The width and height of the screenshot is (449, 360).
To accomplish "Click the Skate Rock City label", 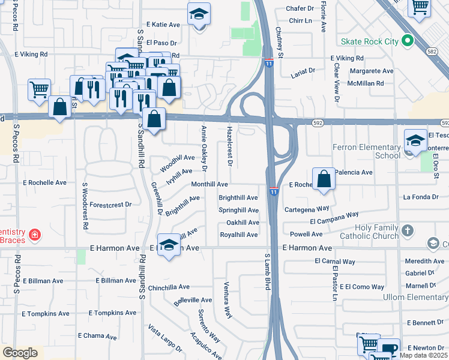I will point(369,41).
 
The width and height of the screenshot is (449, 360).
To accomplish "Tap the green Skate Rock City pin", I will point(408,41).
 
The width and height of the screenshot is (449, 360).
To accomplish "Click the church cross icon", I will point(408,231).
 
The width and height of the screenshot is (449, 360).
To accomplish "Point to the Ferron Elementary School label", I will point(366,151).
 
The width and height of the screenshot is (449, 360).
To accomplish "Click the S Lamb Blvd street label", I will point(268,272).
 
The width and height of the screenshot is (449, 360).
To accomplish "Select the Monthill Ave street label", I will point(209,184).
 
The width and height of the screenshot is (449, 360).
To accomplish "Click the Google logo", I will point(20,353).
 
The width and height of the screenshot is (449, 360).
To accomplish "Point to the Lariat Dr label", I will point(303,71).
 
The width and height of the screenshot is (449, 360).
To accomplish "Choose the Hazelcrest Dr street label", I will point(229,146).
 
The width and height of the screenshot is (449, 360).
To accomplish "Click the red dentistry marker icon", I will point(35,235).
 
